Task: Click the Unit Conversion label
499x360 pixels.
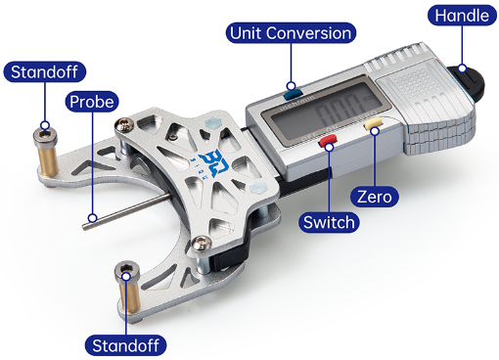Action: [291, 33]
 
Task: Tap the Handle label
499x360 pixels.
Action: [462, 16]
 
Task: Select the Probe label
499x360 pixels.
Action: [92, 102]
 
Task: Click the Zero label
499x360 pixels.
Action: [375, 197]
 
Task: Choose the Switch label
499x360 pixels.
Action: [329, 222]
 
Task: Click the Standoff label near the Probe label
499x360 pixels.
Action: [45, 71]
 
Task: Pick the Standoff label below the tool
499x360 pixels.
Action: [125, 345]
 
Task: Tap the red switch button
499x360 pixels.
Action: [328, 141]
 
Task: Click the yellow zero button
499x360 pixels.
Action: [373, 124]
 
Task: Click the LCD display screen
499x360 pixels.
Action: [326, 110]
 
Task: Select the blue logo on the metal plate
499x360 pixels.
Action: [215, 162]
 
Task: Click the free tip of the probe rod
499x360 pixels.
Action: [85, 227]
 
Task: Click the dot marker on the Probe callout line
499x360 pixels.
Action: [93, 217]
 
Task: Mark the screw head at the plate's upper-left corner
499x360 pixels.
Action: [124, 124]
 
